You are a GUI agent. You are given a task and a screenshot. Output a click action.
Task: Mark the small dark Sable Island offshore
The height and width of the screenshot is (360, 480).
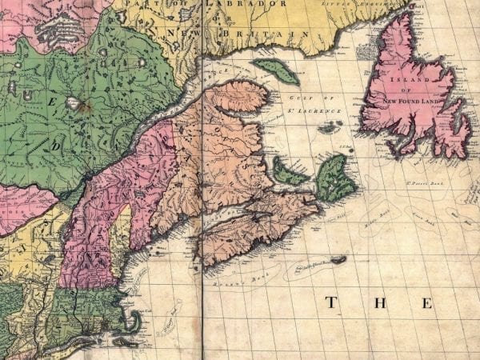[x=338, y=259]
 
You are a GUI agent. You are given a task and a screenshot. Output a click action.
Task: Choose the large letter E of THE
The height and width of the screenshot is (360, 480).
[x=427, y=303]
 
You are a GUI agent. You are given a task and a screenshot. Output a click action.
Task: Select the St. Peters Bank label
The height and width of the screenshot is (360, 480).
[x=409, y=186]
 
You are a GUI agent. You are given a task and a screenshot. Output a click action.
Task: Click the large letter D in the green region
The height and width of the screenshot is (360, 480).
[x=57, y=148]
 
